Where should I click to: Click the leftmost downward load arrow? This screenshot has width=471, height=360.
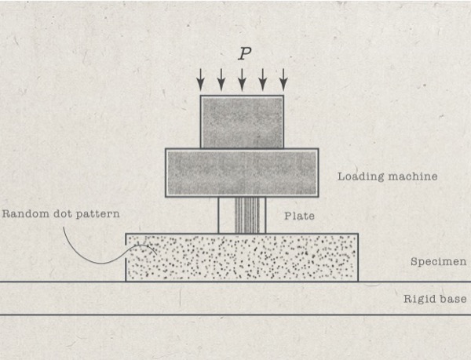click(x=201, y=78)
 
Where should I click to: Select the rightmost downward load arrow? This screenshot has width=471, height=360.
click(x=283, y=78)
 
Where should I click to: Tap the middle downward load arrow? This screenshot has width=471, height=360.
click(x=242, y=78)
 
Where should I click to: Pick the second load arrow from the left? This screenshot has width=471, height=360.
click(x=221, y=78)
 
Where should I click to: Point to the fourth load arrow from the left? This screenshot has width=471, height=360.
click(x=263, y=78)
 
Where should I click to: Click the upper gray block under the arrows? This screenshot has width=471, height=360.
click(x=242, y=122)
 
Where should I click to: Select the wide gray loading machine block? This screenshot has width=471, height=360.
click(x=242, y=172)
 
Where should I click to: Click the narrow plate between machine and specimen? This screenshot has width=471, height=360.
click(x=242, y=215)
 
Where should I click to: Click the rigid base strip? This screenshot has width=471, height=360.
click(x=235, y=298)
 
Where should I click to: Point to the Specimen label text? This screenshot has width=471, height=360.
click(x=439, y=262)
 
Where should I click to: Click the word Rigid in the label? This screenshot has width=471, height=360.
click(x=418, y=299)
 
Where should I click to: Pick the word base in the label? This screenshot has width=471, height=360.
click(x=453, y=299)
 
